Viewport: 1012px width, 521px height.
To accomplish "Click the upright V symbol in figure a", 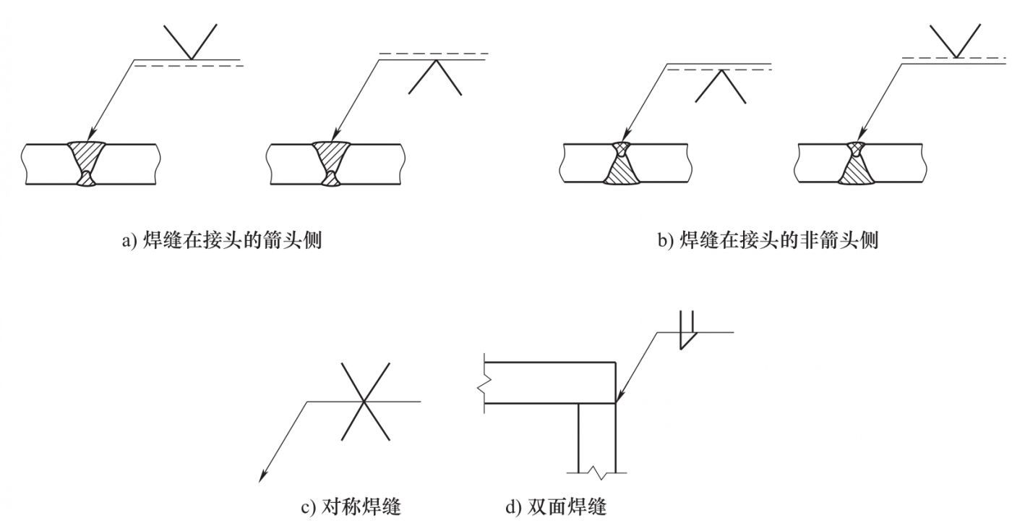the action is pos(190,42).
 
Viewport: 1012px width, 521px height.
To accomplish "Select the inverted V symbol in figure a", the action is pos(435,77).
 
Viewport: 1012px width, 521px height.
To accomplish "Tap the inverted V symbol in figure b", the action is pos(721,86).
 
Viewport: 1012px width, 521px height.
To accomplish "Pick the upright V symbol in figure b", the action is pos(956,41).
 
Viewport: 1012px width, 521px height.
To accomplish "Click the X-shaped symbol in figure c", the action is pos(365,402).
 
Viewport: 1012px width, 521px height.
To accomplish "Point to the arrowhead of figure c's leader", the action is pos(262,477).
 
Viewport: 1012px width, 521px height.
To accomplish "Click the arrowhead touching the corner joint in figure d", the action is pos(619,397).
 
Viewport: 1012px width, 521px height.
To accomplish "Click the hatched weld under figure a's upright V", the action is pos(87,164).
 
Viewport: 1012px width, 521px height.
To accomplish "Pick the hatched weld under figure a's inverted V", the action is pos(332,164).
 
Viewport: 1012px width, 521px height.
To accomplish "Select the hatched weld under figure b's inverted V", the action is pos(622,163).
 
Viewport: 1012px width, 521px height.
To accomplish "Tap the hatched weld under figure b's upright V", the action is pos(856,163).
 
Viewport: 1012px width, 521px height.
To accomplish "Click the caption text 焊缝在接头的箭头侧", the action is pos(232,240).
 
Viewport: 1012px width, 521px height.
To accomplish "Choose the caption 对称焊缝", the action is pos(361,507).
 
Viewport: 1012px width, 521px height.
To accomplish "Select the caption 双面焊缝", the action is pos(567,507).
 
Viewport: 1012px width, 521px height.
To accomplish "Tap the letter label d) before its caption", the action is pos(513,507).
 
